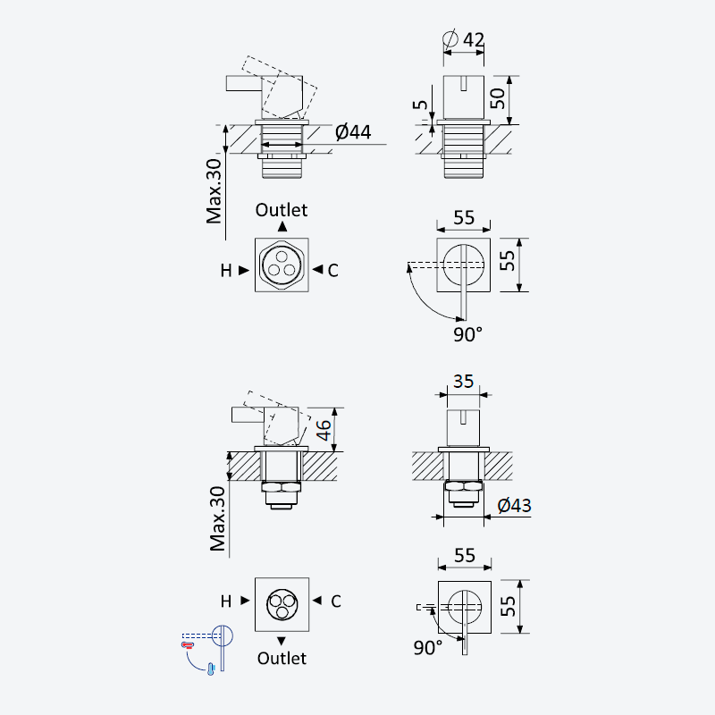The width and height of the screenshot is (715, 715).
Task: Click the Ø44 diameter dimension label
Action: [353, 132]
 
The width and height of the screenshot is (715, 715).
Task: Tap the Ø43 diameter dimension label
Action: [514, 505]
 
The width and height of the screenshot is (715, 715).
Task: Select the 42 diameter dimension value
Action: [474, 39]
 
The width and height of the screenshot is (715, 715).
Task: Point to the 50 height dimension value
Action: [498, 98]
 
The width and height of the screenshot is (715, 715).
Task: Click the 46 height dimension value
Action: [324, 430]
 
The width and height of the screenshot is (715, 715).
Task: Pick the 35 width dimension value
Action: [463, 382]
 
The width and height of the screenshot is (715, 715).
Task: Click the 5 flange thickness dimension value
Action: [420, 105]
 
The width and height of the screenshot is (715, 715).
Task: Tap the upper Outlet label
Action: [282, 210]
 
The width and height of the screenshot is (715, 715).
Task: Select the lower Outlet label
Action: [282, 658]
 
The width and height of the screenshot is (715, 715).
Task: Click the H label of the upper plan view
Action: [226, 271]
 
